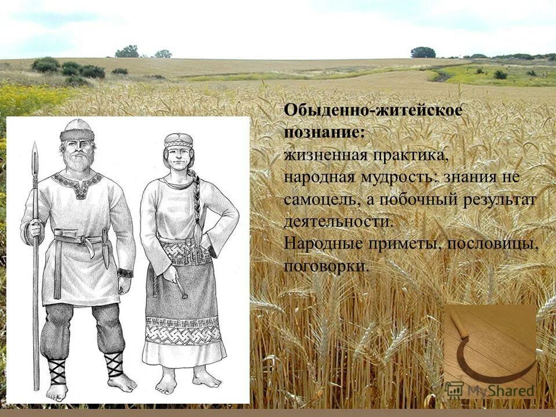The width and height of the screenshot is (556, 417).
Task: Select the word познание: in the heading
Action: (324, 133)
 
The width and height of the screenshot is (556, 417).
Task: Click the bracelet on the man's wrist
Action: (125, 272)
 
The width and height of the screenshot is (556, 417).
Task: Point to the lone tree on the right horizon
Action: (423, 52)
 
